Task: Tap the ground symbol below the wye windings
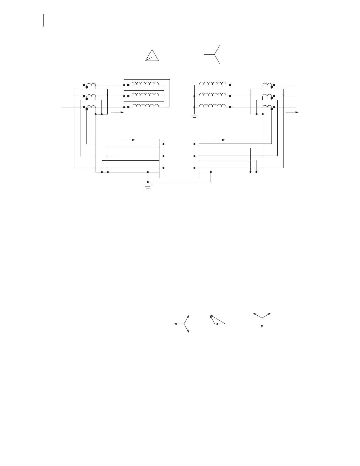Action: tap(194, 116)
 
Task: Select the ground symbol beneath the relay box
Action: tap(148, 187)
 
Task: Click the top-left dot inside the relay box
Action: tap(163, 144)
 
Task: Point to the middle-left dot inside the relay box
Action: tap(163, 156)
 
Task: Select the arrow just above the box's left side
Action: tap(129, 140)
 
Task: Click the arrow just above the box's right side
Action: tap(219, 140)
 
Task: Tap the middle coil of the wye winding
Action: tap(213, 95)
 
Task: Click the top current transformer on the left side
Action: tap(91, 85)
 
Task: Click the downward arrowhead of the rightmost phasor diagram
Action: tap(262, 327)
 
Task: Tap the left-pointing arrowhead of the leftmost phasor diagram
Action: tap(175, 324)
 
